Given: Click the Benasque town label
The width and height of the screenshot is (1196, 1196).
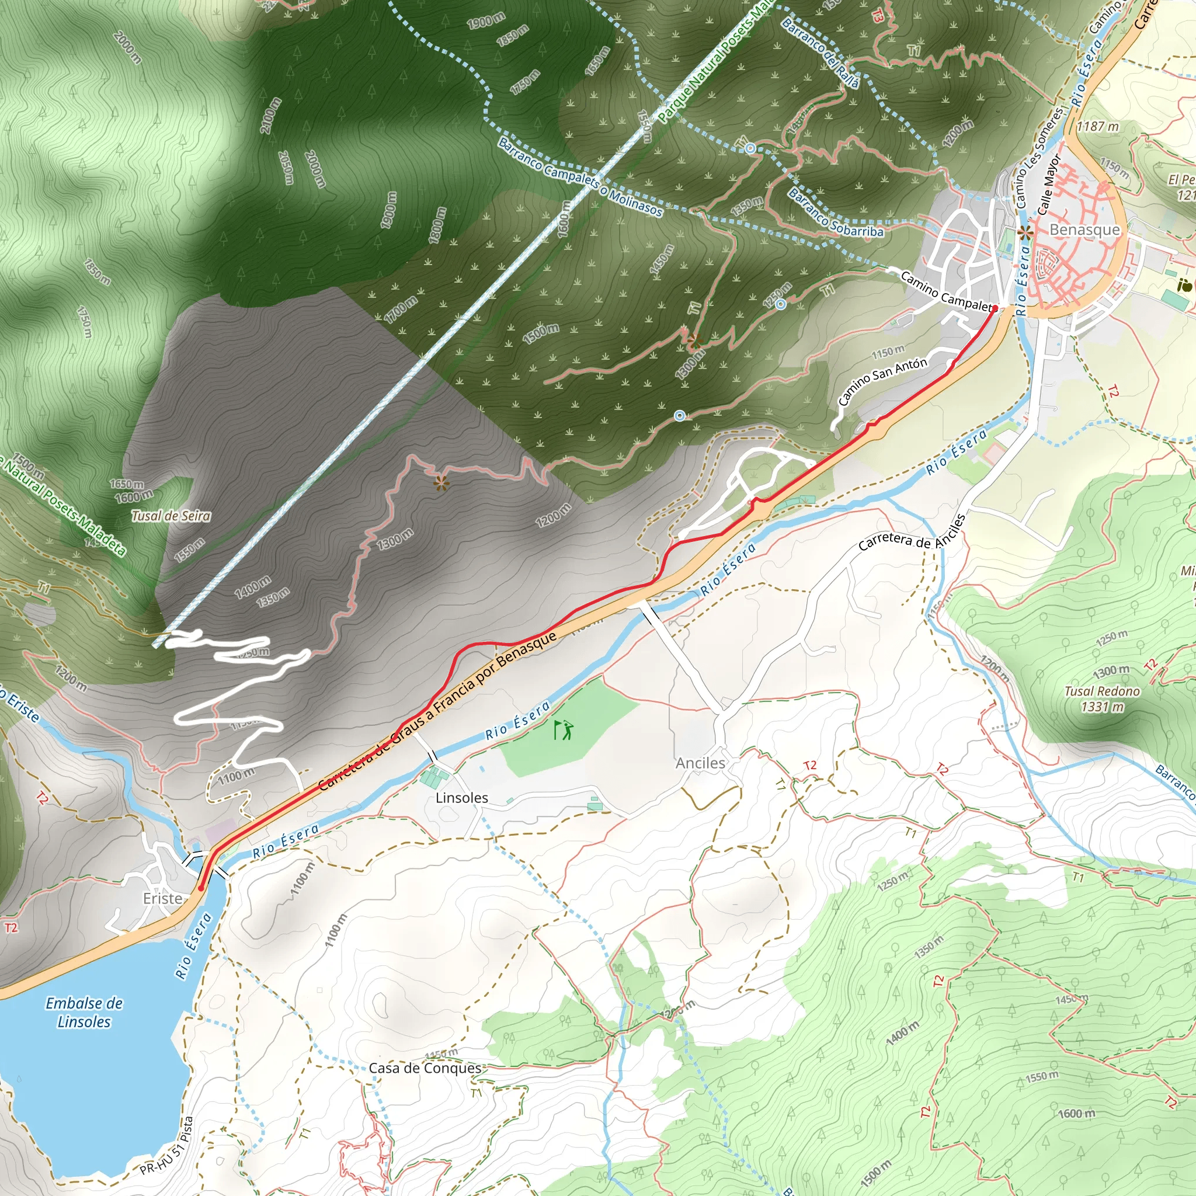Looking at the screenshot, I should point(1084,230).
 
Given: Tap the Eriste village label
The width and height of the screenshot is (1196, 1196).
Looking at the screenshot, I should point(163,898).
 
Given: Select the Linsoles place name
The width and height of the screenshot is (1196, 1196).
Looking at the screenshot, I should point(462,797).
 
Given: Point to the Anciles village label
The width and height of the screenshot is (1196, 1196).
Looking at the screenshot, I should point(700,763).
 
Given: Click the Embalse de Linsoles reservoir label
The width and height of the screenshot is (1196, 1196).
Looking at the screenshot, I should point(84,1012).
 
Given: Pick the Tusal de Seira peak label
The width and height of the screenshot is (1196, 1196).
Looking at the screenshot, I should point(171,516).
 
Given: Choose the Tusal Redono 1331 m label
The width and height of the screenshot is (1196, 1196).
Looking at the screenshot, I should point(1102,699).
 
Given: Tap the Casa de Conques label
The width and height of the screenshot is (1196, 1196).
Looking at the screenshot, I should point(425,1068).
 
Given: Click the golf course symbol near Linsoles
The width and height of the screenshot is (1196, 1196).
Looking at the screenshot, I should point(564,730).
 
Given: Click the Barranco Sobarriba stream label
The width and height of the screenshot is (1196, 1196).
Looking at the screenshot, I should point(835,214).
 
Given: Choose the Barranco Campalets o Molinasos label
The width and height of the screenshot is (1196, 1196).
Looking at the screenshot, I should point(580,177).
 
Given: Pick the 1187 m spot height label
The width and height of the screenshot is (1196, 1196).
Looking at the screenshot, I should point(1097,126).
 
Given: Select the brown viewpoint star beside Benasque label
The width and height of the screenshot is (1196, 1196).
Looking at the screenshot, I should point(1025,233).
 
